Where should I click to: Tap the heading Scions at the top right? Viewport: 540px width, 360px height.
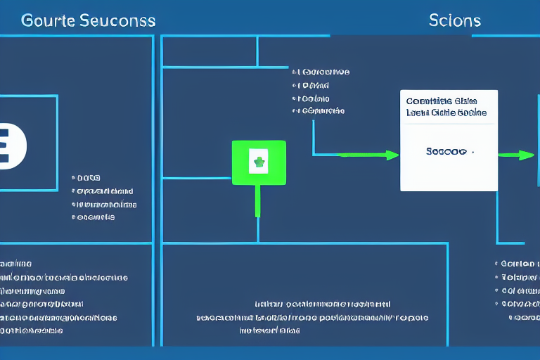pyautogui.click(x=454, y=20)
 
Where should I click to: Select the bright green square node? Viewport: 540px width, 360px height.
pyautogui.click(x=259, y=162)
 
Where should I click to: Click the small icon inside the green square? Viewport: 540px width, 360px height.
pyautogui.click(x=259, y=163)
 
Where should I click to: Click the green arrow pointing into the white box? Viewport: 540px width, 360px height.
pyautogui.click(x=366, y=155)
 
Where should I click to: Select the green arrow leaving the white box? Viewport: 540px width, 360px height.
pyautogui.click(x=517, y=155)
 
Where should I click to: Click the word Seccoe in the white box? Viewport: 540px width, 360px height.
pyautogui.click(x=445, y=151)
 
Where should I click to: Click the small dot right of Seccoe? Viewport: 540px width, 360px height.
pyautogui.click(x=472, y=151)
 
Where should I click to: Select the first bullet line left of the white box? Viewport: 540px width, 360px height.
pyautogui.click(x=323, y=72)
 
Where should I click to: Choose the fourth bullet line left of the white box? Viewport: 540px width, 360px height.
pyautogui.click(x=321, y=111)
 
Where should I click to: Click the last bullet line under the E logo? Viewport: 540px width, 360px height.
pyautogui.click(x=96, y=218)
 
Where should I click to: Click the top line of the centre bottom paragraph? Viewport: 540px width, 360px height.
pyautogui.click(x=322, y=304)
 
